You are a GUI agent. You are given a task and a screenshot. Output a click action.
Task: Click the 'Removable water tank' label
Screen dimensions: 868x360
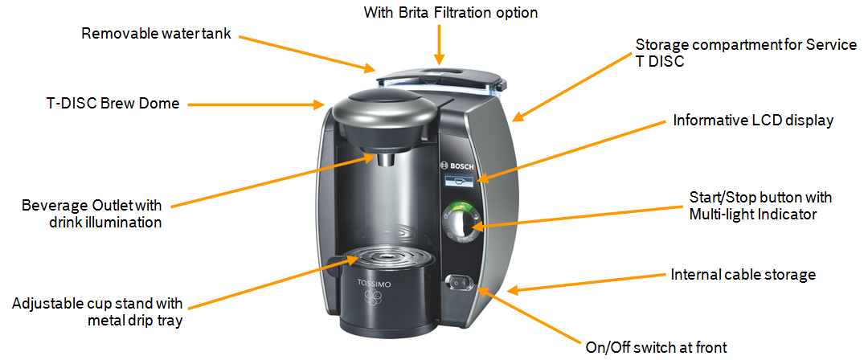pyautogui.click(x=156, y=33)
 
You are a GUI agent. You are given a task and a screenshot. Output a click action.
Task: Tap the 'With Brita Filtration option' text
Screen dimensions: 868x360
pyautogui.click(x=451, y=12)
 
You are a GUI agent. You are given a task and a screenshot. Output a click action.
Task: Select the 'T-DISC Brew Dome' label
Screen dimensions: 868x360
pyautogui.click(x=113, y=104)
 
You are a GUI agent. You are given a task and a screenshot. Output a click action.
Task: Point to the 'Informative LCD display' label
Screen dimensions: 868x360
pyautogui.click(x=753, y=121)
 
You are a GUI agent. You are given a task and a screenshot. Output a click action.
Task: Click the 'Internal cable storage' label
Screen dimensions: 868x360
pyautogui.click(x=743, y=275)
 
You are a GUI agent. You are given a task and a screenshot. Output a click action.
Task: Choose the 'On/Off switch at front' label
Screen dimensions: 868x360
pyautogui.click(x=656, y=348)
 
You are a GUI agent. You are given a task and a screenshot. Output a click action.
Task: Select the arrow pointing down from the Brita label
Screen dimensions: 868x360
pyautogui.click(x=439, y=44)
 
